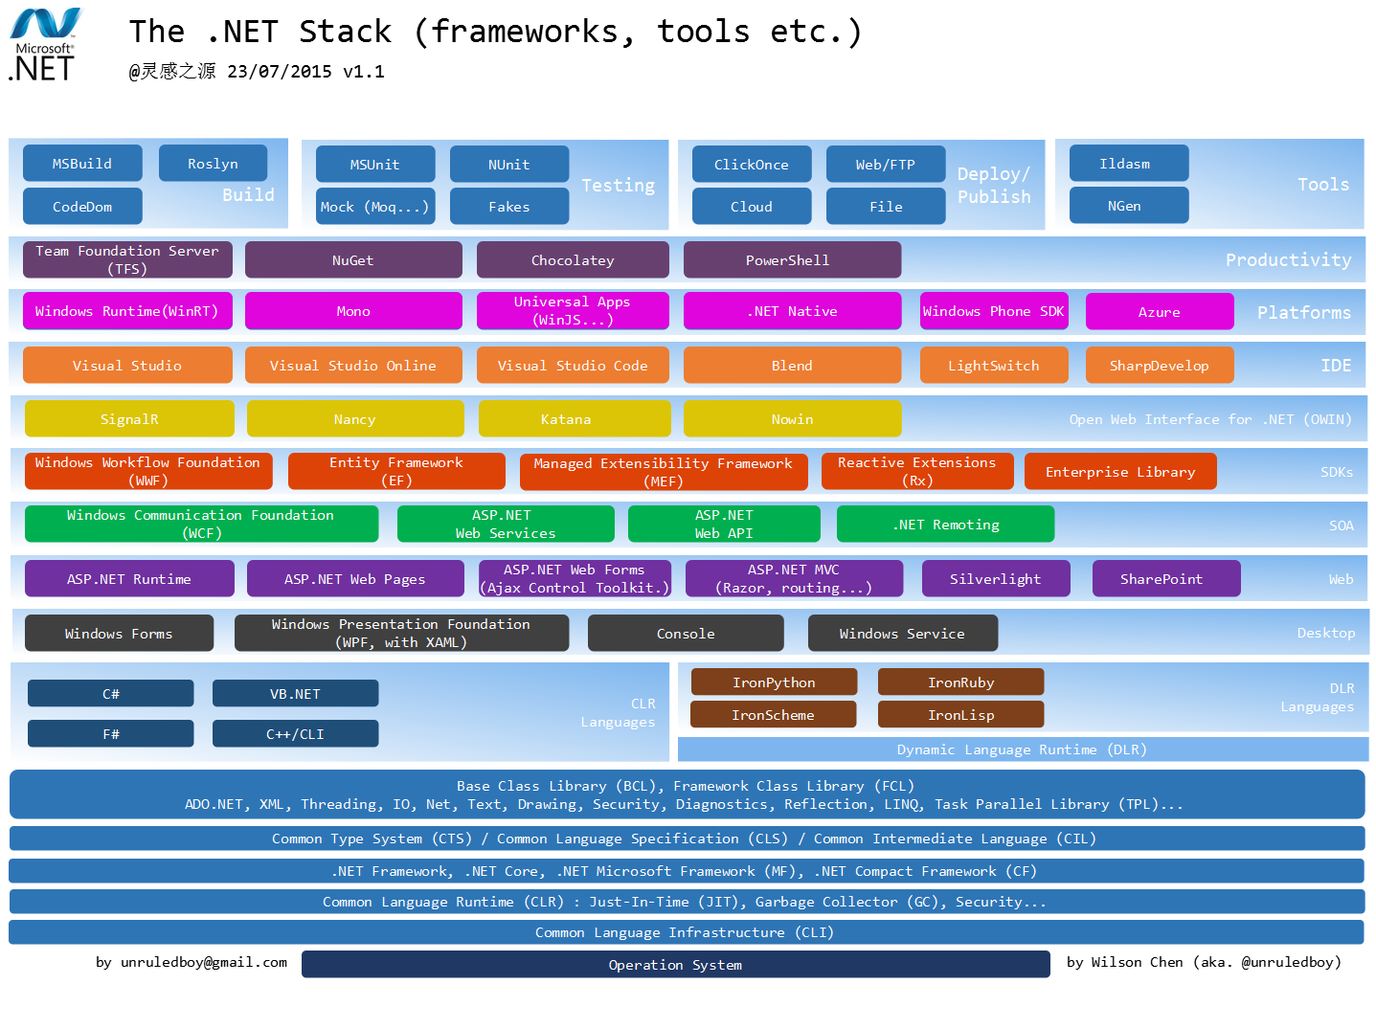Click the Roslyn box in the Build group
213,164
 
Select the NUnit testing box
509,165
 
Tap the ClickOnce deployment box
751,165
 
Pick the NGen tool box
1128,206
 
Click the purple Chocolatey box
573,260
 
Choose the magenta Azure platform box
1159,311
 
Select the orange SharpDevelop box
1159,366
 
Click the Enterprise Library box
1120,471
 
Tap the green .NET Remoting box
945,524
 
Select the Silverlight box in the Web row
996,578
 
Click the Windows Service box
902,633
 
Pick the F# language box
110,733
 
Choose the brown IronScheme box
773,714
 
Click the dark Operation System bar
675,965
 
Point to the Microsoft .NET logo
45,44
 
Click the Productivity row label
1288,259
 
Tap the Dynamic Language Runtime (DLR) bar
1023,749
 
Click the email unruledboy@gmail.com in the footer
204,962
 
